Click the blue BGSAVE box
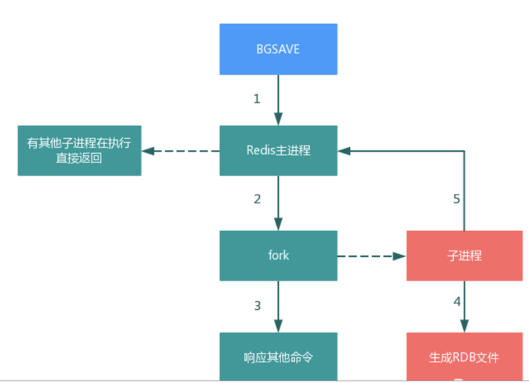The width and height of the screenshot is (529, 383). [278, 49]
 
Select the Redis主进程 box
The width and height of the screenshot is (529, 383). [278, 150]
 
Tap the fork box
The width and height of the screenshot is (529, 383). [278, 255]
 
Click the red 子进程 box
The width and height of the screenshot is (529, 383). [464, 255]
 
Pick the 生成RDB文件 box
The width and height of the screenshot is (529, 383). [464, 357]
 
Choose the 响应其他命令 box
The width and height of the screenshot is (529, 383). [278, 357]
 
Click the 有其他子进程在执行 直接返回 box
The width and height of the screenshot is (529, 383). [79, 150]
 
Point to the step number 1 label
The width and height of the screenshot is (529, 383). [256, 99]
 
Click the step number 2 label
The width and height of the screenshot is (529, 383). [257, 199]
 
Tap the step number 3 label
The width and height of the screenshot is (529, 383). [257, 306]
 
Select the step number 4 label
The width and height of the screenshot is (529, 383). [457, 301]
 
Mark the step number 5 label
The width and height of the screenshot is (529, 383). [456, 199]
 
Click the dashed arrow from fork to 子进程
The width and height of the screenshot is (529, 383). [371, 256]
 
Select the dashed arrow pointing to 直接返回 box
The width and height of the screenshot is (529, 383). [180, 151]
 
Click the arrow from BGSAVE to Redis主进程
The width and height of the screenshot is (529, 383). [278, 100]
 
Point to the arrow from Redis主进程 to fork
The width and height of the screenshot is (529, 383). [278, 203]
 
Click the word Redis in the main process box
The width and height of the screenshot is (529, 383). [260, 150]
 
